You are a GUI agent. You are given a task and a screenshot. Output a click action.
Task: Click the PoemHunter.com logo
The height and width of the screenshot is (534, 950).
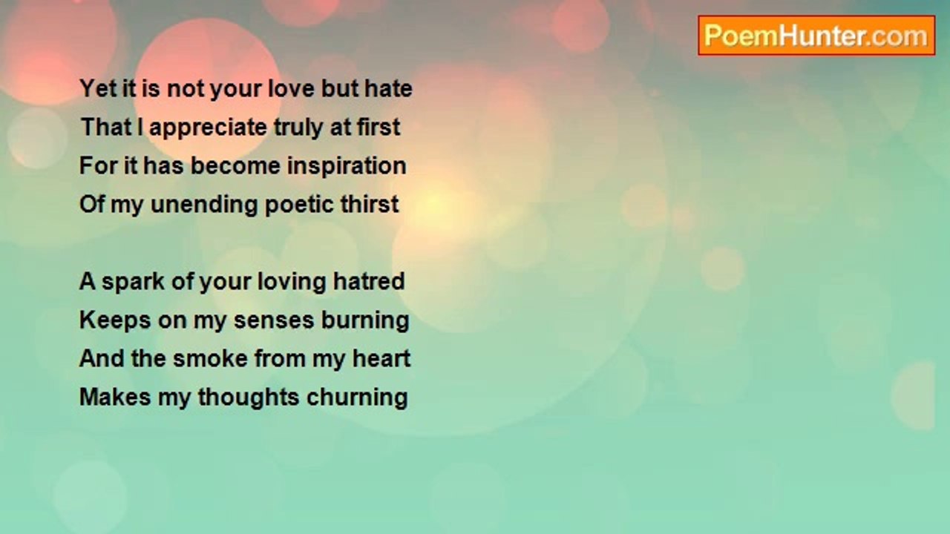(816, 36)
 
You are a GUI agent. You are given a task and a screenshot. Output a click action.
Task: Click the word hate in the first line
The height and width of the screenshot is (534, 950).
(388, 88)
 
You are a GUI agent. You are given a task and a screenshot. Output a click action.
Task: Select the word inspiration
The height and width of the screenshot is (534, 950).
(347, 165)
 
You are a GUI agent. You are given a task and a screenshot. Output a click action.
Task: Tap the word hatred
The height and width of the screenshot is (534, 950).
(369, 281)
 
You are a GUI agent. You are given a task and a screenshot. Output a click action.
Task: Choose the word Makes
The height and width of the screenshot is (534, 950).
(115, 397)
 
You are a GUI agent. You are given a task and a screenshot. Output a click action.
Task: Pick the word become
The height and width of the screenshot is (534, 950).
(235, 165)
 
